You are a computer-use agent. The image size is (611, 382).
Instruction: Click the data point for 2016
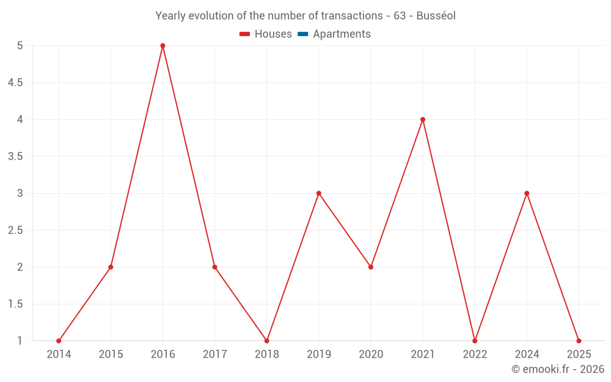163,46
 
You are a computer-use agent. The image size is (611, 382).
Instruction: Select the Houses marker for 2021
423,120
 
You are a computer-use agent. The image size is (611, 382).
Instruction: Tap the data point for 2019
319,194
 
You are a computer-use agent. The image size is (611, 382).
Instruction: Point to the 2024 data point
527,194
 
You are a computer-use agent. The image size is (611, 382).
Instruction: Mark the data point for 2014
59,341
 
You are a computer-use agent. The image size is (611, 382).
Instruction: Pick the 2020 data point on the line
371,267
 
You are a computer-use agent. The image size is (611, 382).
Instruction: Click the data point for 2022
475,341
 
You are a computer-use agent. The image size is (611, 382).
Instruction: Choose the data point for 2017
214,267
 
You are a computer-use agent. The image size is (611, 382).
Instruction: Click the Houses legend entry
266,34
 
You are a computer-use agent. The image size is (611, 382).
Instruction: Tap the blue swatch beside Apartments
302,34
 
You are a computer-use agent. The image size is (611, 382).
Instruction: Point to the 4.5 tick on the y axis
15,83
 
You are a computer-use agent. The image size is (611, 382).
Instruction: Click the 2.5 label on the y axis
15,230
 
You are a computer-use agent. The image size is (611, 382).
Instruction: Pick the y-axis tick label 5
20,46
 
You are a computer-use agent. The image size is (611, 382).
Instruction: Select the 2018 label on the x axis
267,354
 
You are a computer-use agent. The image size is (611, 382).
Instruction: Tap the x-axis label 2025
579,354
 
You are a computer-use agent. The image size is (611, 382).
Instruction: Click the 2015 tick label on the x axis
111,354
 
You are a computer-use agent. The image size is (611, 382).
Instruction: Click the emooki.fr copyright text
558,369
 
